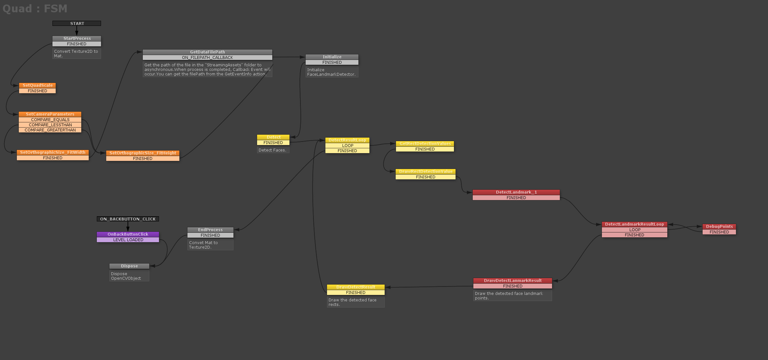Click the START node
click(x=77, y=23)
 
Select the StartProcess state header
click(x=77, y=38)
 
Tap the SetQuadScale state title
click(x=38, y=85)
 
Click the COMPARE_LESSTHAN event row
click(x=50, y=125)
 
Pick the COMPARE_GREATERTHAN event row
click(x=50, y=130)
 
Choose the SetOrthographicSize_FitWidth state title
click(x=53, y=152)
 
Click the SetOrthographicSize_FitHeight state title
click(x=143, y=153)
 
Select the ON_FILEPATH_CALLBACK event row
click(x=207, y=58)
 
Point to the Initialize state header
click(x=332, y=57)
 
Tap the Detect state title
click(x=273, y=137)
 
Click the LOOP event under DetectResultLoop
click(x=347, y=146)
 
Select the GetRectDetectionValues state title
click(x=425, y=144)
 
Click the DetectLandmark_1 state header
click(x=516, y=192)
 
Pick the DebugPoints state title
click(x=719, y=227)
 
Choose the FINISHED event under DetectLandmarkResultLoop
click(x=634, y=235)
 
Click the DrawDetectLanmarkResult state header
click(x=513, y=281)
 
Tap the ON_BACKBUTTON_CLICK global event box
click(x=128, y=219)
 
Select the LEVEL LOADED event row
click(x=128, y=240)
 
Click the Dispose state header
click(x=129, y=266)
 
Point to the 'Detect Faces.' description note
click(x=273, y=150)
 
